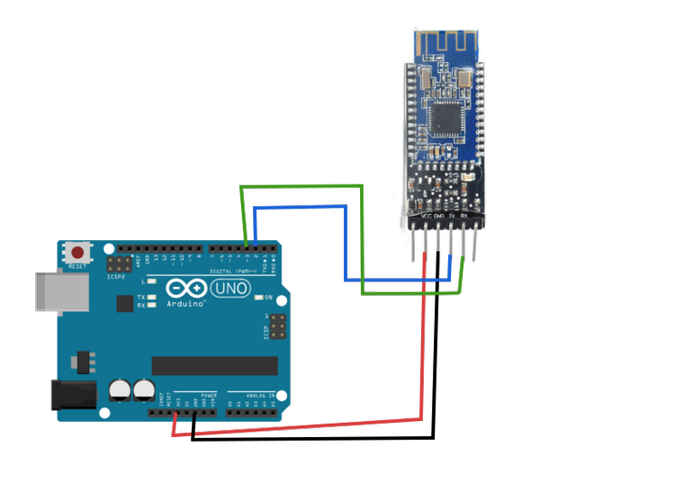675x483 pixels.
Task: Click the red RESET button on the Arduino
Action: click(78, 254)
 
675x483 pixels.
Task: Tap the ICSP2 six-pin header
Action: click(117, 266)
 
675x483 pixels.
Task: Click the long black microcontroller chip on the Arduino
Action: click(214, 365)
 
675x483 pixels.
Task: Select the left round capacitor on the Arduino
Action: click(120, 389)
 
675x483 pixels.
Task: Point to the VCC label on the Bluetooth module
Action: click(425, 216)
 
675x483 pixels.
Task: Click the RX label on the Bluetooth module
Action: click(463, 216)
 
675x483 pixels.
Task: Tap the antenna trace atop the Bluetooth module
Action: click(445, 43)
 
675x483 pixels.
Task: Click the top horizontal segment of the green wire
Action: click(301, 186)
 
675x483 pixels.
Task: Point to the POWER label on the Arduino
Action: click(209, 395)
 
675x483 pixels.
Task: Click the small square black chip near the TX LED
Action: click(124, 304)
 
